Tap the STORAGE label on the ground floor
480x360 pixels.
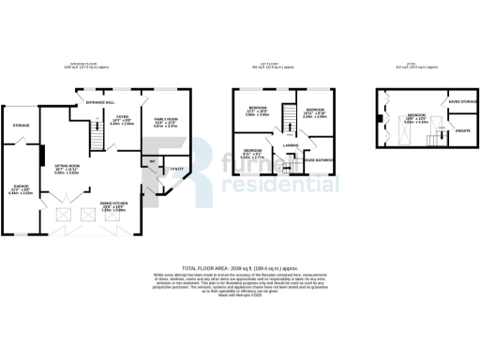click(21, 125)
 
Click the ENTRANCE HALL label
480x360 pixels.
click(100, 101)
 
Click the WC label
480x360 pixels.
click(150, 161)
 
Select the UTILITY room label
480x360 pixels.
click(174, 168)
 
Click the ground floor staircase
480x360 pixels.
click(94, 141)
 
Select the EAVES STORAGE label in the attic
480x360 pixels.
click(462, 102)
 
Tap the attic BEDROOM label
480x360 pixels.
click(416, 116)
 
